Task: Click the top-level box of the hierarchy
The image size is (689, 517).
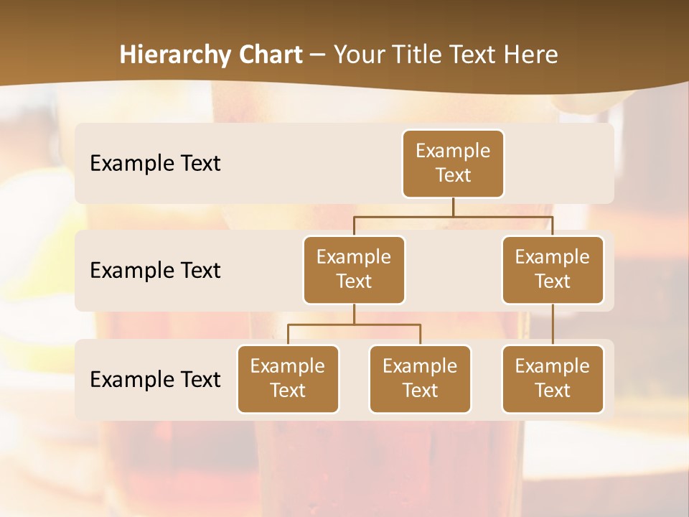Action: click(453, 163)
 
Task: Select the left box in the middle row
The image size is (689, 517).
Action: click(354, 269)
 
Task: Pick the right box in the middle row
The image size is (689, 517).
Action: click(553, 269)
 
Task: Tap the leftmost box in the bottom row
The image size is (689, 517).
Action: click(288, 378)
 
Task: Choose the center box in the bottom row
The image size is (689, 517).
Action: click(420, 378)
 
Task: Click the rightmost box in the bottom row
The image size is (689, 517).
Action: click(553, 378)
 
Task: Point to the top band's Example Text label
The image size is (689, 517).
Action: click(155, 163)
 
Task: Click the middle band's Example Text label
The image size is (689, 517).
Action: click(155, 270)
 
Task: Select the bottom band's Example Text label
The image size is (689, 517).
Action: click(155, 379)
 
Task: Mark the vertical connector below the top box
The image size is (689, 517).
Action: click(453, 207)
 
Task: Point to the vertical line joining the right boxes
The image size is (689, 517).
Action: click(553, 325)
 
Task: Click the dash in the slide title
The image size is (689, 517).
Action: click(318, 55)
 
